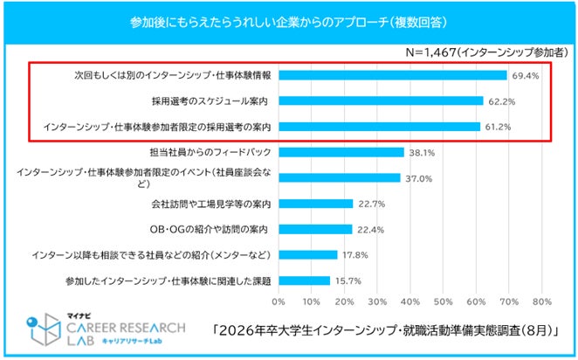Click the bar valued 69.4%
coord(393,75)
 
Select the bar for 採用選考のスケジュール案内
coord(381,100)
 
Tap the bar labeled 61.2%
coord(379,127)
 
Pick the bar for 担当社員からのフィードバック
coord(341,152)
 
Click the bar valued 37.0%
coord(340,178)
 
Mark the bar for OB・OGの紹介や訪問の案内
coord(315,229)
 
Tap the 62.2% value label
coord(499,100)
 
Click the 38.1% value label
coord(420,152)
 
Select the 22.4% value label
coord(368,230)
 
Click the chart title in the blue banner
coord(288,19)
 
